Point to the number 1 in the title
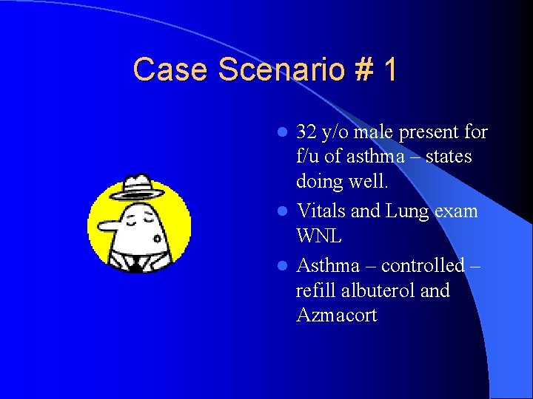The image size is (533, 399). point(389,69)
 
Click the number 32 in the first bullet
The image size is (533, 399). point(306,132)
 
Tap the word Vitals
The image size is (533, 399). point(321,211)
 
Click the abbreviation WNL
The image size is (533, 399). point(320,236)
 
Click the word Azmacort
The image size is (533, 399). point(336,316)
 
